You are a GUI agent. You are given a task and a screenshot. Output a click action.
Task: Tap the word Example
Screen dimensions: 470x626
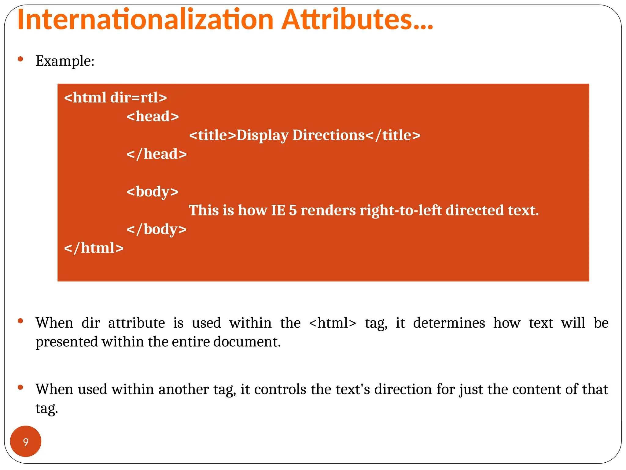point(64,61)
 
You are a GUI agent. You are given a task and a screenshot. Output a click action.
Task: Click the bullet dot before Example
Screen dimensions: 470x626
point(20,59)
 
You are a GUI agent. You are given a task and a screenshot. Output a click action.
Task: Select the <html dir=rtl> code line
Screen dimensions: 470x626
point(116,98)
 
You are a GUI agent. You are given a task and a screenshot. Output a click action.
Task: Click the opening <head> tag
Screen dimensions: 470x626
point(153,116)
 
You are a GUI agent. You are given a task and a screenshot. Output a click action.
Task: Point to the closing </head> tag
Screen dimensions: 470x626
point(156,154)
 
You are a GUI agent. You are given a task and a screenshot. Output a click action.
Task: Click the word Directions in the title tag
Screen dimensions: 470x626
point(329,135)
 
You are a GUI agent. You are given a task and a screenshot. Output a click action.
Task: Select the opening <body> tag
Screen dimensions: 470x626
point(153,192)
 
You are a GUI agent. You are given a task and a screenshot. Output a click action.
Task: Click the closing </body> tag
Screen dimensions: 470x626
point(156,229)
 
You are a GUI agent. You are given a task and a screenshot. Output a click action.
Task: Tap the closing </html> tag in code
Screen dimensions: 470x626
point(94,248)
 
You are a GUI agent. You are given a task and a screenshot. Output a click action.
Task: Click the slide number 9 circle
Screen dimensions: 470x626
point(26,442)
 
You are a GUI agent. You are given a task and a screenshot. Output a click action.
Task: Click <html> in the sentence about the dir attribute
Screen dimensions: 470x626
point(333,323)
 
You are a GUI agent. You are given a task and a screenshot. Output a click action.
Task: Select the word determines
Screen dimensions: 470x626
point(449,323)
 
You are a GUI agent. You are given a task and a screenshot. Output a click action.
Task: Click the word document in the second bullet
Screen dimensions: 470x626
point(247,342)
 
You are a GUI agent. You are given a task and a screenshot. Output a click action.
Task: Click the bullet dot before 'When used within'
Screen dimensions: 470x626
point(20,387)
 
